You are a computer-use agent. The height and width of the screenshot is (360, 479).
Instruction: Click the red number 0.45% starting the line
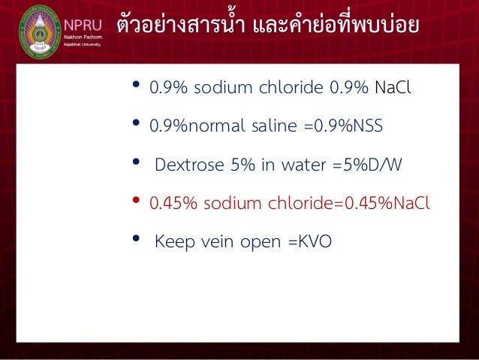170,203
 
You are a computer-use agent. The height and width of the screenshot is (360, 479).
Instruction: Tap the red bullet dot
136,201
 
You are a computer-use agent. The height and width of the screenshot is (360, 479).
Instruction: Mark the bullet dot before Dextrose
136,162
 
